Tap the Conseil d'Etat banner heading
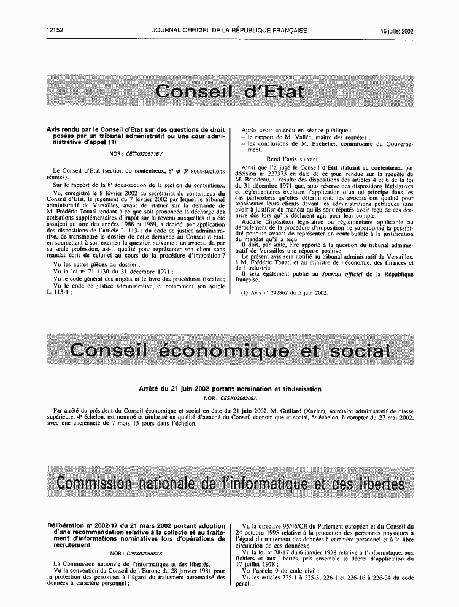click(x=229, y=92)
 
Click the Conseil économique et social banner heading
click(x=229, y=350)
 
